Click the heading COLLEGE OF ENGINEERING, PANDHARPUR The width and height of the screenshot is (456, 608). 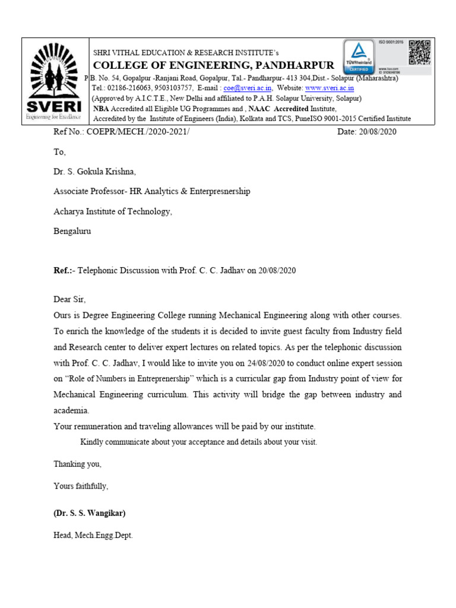pos(213,65)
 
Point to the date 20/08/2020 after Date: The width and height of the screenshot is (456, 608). pos(378,132)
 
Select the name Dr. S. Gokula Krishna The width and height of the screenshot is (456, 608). pos(94,172)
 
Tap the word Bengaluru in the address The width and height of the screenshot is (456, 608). pos(73,231)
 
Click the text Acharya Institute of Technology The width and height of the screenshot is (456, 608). pos(113,211)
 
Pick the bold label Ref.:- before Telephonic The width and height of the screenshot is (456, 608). pos(65,270)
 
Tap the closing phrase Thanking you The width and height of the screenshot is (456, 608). pos(78,464)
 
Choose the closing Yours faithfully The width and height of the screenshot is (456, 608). pos(81,486)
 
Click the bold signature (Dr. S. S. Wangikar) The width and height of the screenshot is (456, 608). pos(90,513)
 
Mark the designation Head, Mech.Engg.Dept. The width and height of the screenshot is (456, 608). pos(93,535)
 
